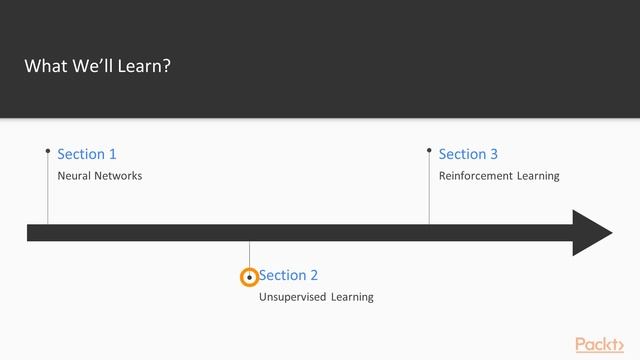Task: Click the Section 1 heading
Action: tap(87, 154)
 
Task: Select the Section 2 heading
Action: tap(289, 275)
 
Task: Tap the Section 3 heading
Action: tap(468, 154)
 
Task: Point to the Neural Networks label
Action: tap(99, 176)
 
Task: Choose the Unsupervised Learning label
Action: tap(316, 297)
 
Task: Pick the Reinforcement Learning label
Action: tap(499, 176)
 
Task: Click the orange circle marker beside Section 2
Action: tap(250, 277)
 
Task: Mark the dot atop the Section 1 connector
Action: tap(47, 151)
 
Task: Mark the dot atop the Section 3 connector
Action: tap(429, 151)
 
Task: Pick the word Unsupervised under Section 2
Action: tap(292, 297)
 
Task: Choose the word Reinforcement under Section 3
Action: tap(477, 176)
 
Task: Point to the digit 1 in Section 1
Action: tap(112, 154)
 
